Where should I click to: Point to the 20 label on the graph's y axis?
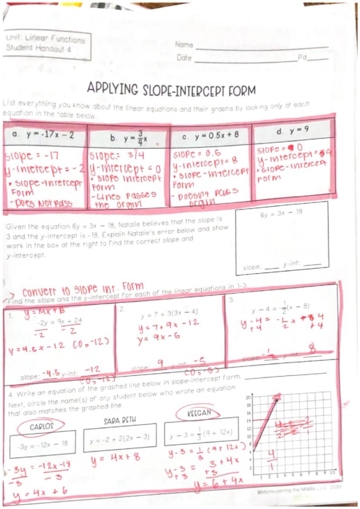(x=249, y=397)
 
